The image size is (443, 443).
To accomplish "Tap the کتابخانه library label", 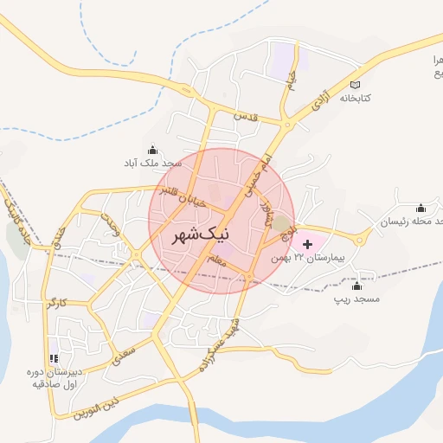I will [353, 98].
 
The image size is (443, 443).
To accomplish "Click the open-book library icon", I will [354, 84].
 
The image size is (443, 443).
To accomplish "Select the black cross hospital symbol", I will [308, 245].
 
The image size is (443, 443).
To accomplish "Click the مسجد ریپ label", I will [357, 299].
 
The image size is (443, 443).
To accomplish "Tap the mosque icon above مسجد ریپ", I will [357, 285].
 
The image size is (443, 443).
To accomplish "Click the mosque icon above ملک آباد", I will [153, 149].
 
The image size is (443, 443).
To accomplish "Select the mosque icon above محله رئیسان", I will [421, 208].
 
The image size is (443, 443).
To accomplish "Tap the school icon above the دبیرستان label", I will [54, 358].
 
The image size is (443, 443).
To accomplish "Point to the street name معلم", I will [216, 259].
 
